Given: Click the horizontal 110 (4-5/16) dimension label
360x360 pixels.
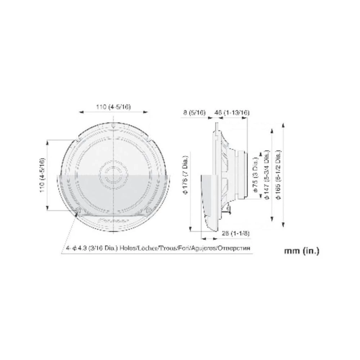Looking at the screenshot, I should [113, 107].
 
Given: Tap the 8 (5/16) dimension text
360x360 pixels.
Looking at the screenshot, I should [194, 113].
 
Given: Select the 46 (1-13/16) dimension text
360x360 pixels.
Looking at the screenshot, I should [231, 113].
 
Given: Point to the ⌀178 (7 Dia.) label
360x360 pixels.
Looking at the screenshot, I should [186, 175].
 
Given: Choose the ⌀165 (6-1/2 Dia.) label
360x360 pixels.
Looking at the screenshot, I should [278, 172].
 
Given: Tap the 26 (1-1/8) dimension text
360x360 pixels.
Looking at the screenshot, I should [235, 233].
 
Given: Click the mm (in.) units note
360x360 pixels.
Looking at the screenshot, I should [301, 251].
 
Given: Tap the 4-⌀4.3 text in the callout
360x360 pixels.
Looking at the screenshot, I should [78, 248].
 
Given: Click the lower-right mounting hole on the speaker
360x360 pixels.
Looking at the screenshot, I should [148, 210].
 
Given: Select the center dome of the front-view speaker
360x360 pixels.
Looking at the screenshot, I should [113, 172].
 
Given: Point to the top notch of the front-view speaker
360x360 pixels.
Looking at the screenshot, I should [113, 126].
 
